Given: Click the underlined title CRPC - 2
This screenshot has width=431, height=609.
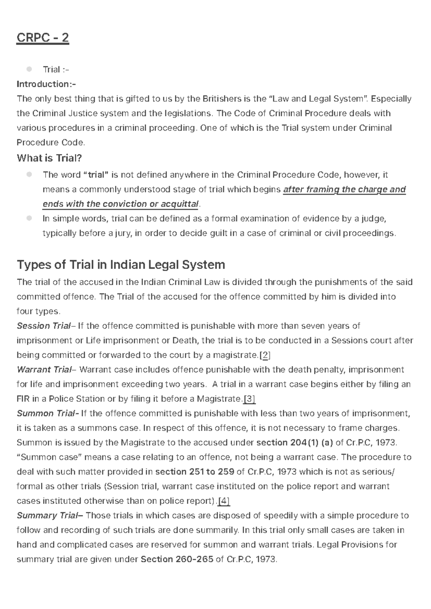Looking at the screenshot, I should coord(42,37).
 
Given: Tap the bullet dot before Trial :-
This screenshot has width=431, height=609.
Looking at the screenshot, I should coord(29,69).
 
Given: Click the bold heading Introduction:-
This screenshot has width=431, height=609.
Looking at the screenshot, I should coord(46,84).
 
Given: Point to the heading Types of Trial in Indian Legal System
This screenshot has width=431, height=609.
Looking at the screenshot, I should coord(121,265).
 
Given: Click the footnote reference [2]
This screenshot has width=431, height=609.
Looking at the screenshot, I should coord(265,355).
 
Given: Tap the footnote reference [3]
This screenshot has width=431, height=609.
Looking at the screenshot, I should coord(249,399).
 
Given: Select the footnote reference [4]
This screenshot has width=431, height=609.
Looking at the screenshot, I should coord(224,501).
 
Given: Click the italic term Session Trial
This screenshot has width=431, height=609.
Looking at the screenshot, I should coord(43,326).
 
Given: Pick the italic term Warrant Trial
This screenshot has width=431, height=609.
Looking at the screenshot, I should coord(44,370).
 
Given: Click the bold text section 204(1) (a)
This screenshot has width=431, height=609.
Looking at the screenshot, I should coord(295,443).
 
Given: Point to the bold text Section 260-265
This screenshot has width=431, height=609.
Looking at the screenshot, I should coord(177,559).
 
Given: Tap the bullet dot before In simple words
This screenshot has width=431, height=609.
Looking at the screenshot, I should coord(29,218).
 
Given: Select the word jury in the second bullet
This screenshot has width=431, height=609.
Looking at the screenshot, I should coord(123,233).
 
